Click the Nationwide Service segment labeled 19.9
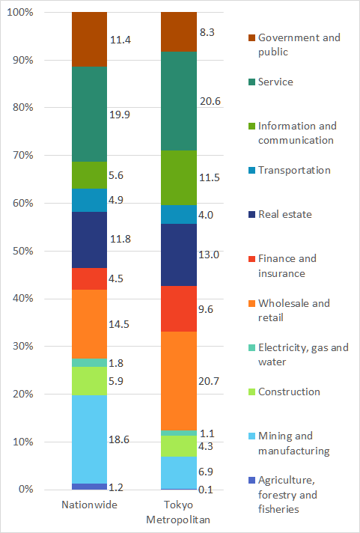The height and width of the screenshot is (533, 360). (x=89, y=115)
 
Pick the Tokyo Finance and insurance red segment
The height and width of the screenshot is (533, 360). (x=179, y=308)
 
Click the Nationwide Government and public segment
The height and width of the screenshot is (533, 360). (x=89, y=40)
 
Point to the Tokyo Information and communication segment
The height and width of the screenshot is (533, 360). (x=179, y=177)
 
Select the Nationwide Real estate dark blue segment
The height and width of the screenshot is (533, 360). (x=89, y=240)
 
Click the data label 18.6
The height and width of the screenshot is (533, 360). (x=120, y=439)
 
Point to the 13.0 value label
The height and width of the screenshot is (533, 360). (x=210, y=255)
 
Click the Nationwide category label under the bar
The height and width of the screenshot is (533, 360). (x=89, y=505)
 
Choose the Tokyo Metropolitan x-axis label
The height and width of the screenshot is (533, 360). (x=179, y=512)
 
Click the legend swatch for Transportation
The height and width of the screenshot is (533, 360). (x=251, y=171)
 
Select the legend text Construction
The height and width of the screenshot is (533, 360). (x=289, y=392)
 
